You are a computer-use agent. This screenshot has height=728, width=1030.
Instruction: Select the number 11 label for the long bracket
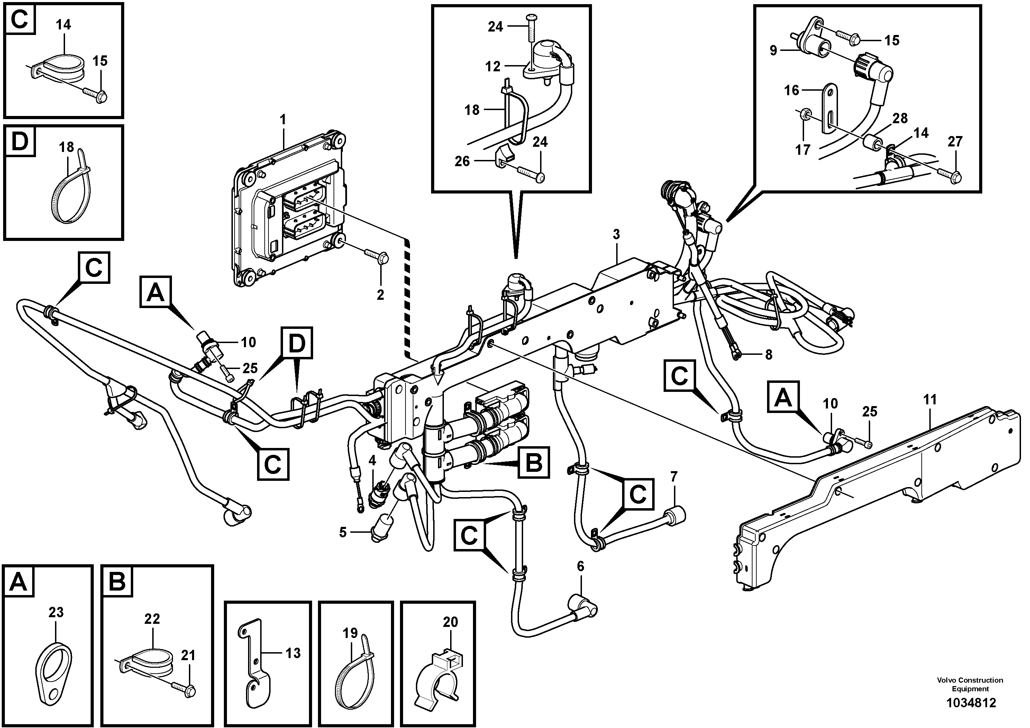tap(930, 399)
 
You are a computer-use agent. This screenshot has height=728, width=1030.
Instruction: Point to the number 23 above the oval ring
tap(56, 612)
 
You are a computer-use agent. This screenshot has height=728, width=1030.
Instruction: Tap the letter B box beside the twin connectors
tap(534, 462)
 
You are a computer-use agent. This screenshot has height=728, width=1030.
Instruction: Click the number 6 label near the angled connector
tap(581, 566)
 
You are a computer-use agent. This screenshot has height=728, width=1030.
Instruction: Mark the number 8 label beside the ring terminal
tap(768, 354)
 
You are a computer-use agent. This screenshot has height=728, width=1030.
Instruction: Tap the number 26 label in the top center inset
tap(462, 161)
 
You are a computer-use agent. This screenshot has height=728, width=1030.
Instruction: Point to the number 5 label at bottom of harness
tap(343, 532)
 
